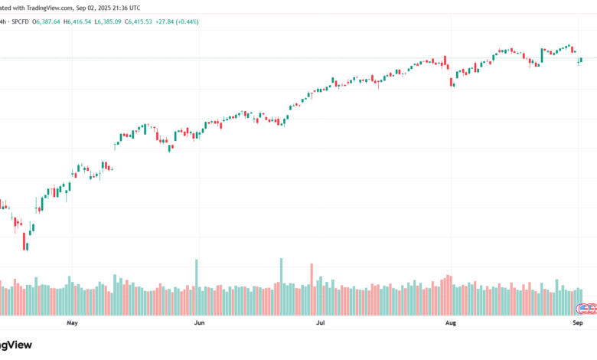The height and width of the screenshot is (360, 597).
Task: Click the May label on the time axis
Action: (73, 323)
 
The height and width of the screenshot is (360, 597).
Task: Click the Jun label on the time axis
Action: (199, 323)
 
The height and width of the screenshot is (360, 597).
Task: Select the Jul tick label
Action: (321, 323)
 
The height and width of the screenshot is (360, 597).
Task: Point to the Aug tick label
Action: (450, 323)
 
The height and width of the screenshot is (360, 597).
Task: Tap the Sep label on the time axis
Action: (578, 323)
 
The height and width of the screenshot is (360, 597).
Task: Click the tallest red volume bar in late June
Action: (312, 289)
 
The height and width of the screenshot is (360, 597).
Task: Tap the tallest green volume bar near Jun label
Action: (197, 286)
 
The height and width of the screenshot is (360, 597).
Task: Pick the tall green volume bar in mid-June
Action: (282, 286)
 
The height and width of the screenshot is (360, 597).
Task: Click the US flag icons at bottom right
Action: (586, 309)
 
